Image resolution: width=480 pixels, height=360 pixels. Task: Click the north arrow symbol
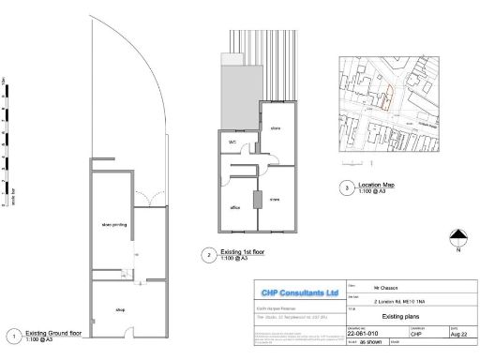coord(457,237)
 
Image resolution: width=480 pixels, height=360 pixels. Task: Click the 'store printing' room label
coord(113,225)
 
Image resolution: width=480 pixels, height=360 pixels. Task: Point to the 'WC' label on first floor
coord(232,142)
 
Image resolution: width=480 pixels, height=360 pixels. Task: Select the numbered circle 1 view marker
coord(12,336)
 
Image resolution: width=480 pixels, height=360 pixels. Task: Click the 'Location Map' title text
coord(376,185)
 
